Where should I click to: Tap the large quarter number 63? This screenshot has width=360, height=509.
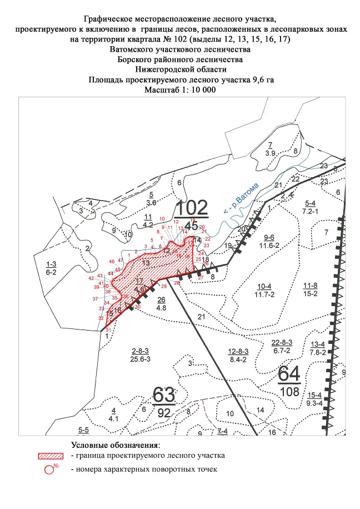[164, 396]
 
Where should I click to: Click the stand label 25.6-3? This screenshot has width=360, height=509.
[141, 359]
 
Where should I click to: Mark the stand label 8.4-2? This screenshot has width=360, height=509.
[238, 359]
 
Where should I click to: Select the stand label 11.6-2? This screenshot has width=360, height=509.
[273, 244]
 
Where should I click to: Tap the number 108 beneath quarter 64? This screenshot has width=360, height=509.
[290, 392]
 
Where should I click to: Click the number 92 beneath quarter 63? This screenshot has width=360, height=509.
[164, 413]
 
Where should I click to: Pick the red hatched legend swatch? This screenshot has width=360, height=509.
[52, 456]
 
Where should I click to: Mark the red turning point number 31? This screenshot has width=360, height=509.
[109, 330]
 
